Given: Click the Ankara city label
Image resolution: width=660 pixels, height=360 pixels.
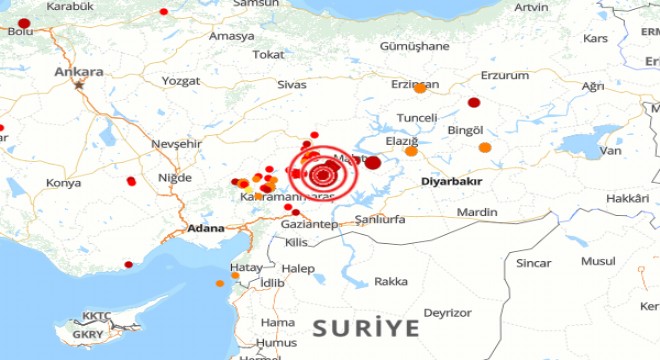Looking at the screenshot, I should pos(80,72).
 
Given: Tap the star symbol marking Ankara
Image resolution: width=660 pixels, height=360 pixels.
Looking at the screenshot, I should pos(79,85).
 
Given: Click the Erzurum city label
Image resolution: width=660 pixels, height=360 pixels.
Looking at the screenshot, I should pos(504,75).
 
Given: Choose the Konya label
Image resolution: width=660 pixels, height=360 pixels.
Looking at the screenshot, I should pos(63,184).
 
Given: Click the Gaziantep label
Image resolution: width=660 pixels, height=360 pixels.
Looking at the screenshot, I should pos(306,226).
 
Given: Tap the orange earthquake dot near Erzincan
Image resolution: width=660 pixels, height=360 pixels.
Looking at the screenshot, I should pos(420,88).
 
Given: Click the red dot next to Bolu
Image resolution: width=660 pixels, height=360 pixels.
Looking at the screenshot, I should pos(24,23).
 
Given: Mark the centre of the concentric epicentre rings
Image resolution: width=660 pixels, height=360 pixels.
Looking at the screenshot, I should pos(323,176).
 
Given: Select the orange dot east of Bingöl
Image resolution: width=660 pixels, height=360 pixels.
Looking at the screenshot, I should pos(485,148).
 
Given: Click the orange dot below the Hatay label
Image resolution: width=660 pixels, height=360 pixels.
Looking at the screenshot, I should pos(220,283).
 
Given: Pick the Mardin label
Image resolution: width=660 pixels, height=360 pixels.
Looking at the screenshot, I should pos(477,212).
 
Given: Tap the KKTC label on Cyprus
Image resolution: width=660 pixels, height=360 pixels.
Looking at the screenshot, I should pos(97,315).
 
